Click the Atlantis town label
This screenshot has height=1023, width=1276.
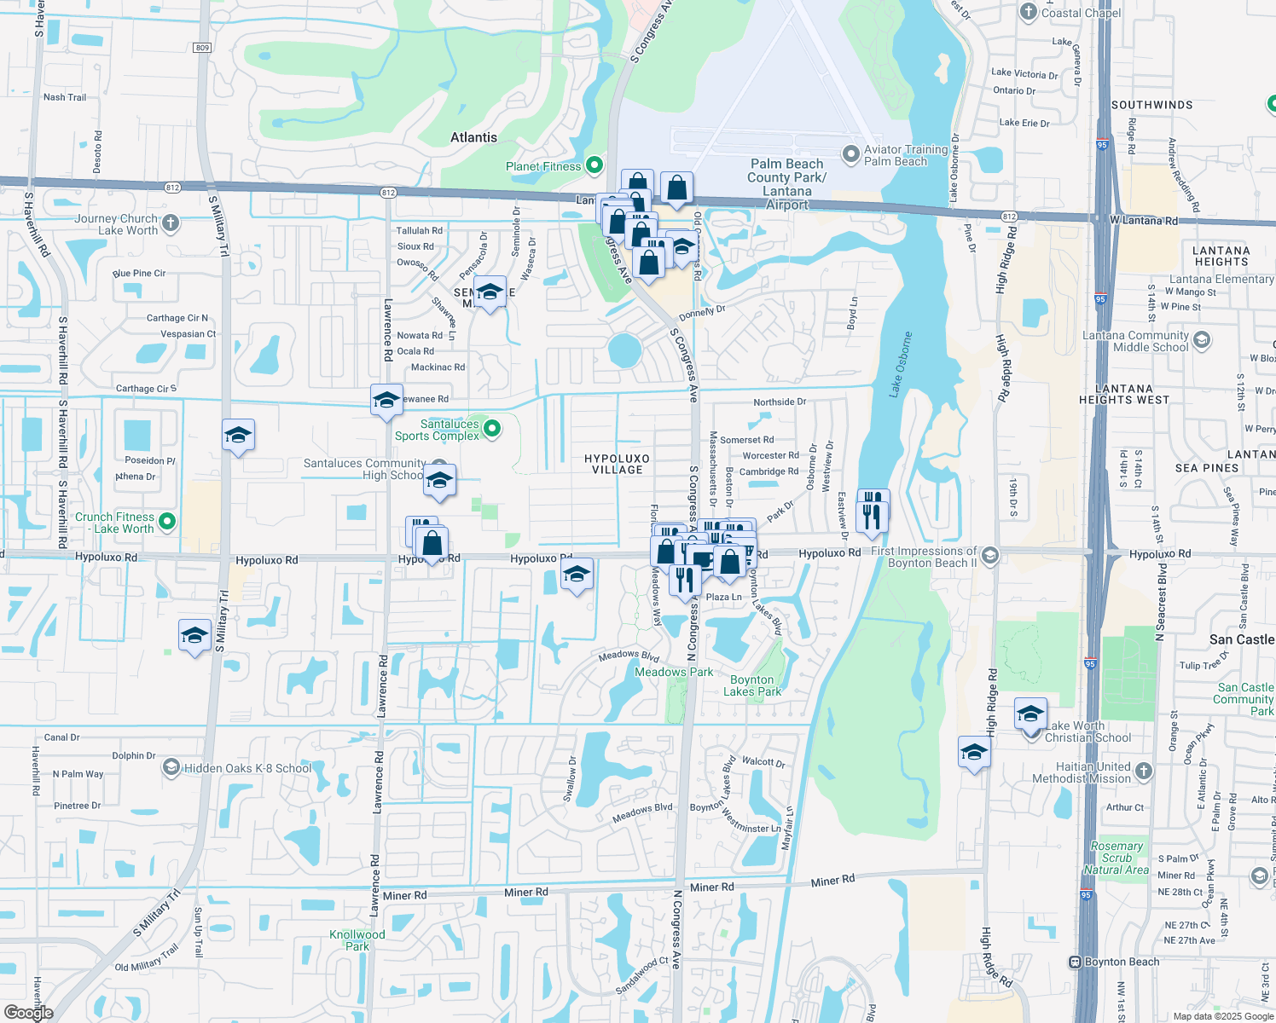tap(473, 137)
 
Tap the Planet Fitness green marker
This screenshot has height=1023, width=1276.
tap(594, 165)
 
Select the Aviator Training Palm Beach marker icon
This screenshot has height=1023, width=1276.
tap(850, 154)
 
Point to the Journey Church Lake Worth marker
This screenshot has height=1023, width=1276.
tap(171, 223)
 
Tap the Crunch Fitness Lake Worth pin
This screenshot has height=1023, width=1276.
tap(167, 522)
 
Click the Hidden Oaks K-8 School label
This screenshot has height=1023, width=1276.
tap(247, 768)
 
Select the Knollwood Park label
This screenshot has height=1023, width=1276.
tap(357, 940)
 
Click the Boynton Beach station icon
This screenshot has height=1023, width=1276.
tap(1076, 962)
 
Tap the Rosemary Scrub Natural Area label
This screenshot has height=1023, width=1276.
tap(1116, 858)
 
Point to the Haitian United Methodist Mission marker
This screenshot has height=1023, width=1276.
tap(1144, 772)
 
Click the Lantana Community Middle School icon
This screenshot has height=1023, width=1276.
tap(1202, 341)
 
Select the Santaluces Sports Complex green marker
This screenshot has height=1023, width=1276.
tap(492, 428)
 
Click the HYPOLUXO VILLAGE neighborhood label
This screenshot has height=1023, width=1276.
tap(618, 464)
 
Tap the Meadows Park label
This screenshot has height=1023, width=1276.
tap(674, 672)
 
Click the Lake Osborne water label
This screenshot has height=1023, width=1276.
tap(901, 364)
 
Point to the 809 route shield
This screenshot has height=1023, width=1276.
tap(202, 48)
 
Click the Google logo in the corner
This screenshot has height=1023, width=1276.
tap(28, 1012)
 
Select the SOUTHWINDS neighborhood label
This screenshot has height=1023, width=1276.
tap(1151, 105)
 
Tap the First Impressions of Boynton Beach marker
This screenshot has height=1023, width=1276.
tap(990, 556)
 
